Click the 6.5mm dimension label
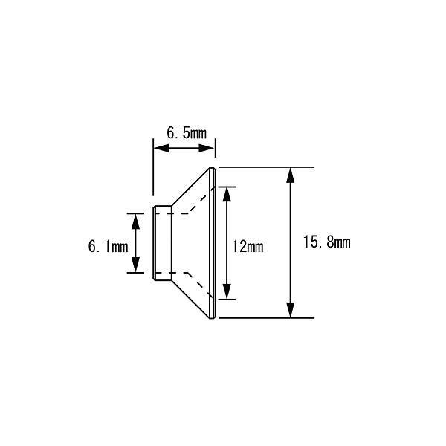click(187, 133)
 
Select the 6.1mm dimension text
click(108, 246)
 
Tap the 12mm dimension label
click(248, 246)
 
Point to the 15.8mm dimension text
click(327, 242)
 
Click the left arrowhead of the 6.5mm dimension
click(161, 148)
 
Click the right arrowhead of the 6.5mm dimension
click(206, 148)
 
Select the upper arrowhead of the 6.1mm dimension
click(136, 222)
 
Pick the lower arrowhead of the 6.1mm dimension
click(136, 265)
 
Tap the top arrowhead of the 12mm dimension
click(227, 195)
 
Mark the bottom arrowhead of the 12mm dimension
click(227, 291)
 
